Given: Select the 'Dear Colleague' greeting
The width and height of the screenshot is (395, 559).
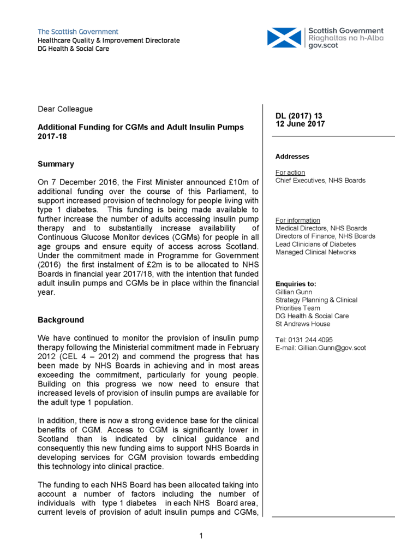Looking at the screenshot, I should pos(65,110).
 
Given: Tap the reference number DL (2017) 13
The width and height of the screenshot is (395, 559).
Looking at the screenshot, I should pos(299,116).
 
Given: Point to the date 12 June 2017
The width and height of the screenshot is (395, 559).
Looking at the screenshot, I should pos(300,124).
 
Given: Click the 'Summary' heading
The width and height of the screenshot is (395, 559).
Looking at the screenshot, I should pos(56,164).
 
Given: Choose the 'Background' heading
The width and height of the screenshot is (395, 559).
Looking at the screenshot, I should pos(61,320).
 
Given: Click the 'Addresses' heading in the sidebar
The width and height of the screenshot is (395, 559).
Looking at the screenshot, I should pos(292,157).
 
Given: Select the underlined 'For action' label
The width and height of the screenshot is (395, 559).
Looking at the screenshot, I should pos(290,173).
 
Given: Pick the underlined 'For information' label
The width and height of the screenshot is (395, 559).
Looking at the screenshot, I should pos(298,221).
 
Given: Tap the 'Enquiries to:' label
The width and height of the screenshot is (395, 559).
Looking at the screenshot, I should pos(296,284).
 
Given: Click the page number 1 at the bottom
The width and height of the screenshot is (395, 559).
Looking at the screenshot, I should pos(200,536).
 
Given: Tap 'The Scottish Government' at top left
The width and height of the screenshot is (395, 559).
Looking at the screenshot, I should pos(77,32).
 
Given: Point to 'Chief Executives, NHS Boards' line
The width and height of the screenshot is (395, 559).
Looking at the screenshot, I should pos(320,180).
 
